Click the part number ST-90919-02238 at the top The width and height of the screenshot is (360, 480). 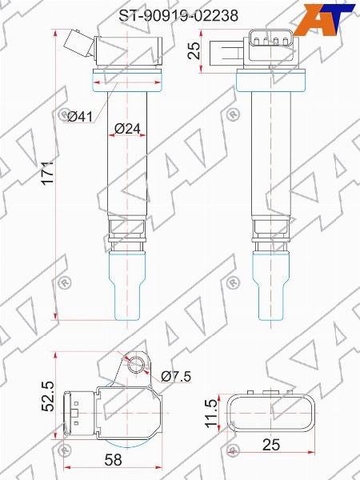click(x=178, y=16)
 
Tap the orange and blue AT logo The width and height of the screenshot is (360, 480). click(x=324, y=19)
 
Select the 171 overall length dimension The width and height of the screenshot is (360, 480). click(x=48, y=172)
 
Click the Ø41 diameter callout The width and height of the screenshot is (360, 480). click(x=79, y=117)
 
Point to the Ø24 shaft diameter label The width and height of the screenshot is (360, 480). click(x=127, y=129)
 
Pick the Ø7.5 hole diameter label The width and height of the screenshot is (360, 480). click(x=176, y=376)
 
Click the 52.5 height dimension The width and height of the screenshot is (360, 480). click(x=48, y=396)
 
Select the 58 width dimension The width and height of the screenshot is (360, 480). click(x=114, y=459)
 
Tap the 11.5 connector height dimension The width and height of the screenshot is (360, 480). click(x=211, y=413)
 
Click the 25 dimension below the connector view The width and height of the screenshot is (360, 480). click(x=271, y=445)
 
